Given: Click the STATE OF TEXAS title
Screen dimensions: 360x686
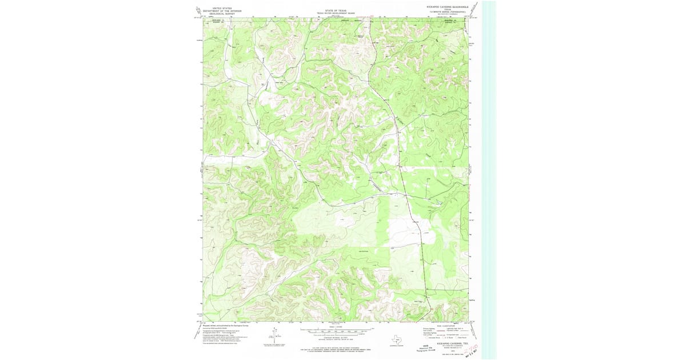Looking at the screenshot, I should tap(335, 10).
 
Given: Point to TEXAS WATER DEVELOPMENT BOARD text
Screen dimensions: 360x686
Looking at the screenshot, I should tap(335, 13).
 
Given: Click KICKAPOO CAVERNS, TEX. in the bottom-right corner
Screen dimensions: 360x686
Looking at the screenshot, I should tap(449, 343).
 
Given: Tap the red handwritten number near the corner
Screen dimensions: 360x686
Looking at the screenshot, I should tap(472, 348).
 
